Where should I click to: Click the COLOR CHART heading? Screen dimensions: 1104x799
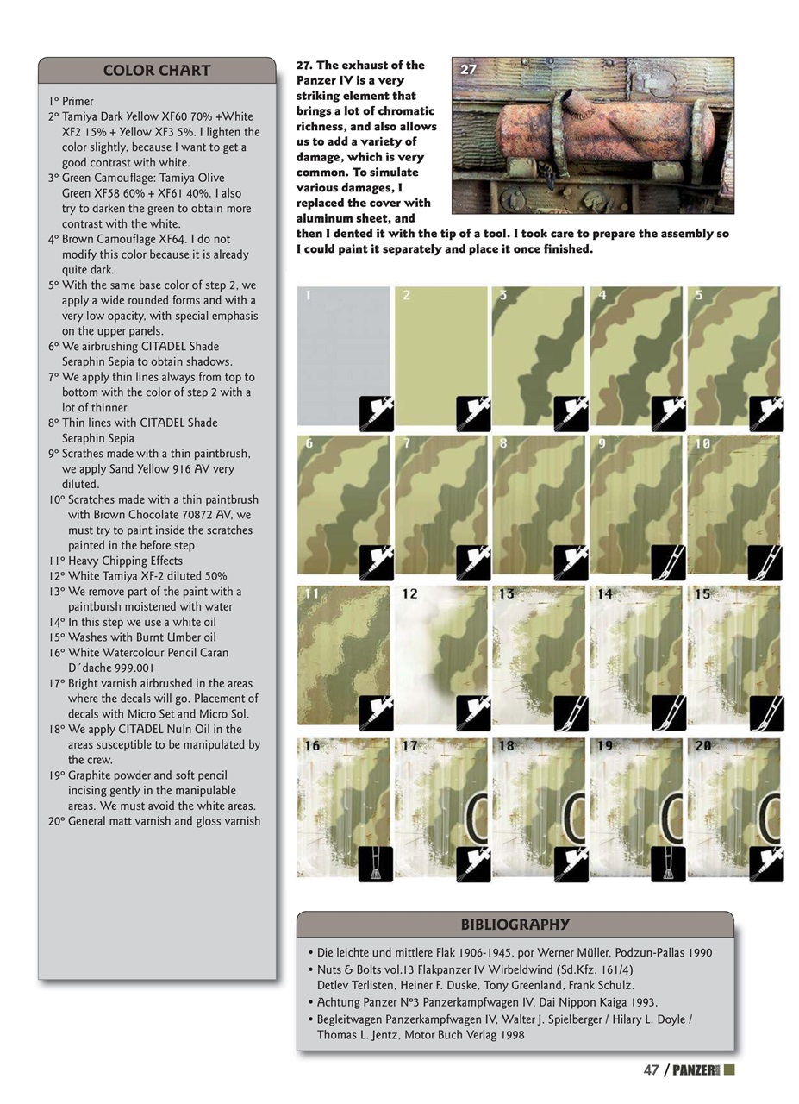click(156, 71)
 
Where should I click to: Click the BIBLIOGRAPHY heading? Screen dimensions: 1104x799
click(515, 925)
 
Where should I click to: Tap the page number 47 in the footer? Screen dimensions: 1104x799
click(652, 1069)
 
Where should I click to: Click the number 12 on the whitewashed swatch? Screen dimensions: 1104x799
click(409, 594)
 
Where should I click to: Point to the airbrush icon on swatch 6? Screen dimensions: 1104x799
click(376, 562)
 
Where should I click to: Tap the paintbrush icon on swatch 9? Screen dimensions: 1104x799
click(668, 562)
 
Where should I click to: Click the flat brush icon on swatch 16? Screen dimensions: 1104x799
click(376, 863)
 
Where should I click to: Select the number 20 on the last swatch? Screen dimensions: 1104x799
click(702, 745)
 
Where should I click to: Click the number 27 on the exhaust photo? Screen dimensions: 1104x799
click(469, 70)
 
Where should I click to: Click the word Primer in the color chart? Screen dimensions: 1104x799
click(78, 101)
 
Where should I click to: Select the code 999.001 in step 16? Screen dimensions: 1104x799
click(134, 668)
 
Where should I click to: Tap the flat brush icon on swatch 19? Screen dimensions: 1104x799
click(668, 863)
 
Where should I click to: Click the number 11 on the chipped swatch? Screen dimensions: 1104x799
click(311, 594)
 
